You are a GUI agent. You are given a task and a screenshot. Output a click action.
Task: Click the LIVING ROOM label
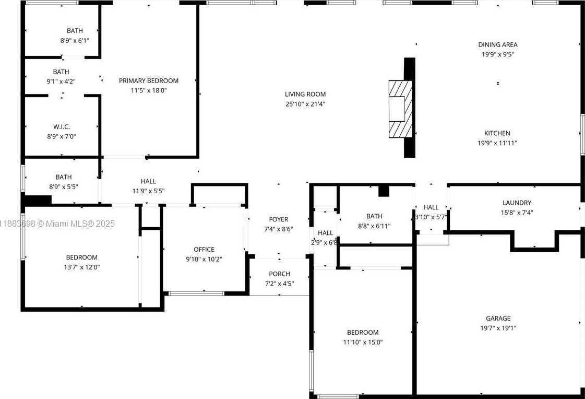pyautogui.click(x=305, y=95)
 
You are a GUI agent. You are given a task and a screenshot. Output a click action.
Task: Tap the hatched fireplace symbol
pyautogui.click(x=400, y=109)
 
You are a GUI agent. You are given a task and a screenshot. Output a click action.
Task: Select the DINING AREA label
pyautogui.click(x=498, y=45)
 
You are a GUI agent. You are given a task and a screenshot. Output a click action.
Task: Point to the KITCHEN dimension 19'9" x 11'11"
pyautogui.click(x=498, y=143)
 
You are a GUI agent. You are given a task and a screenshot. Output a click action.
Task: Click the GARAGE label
pyautogui.click(x=498, y=318)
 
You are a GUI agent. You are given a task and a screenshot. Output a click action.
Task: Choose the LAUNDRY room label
pyautogui.click(x=517, y=203)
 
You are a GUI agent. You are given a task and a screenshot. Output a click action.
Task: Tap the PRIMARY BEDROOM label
pyautogui.click(x=149, y=80)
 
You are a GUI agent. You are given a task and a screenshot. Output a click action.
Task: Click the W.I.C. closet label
pyautogui.click(x=62, y=127)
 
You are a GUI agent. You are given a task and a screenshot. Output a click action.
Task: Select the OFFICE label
pyautogui.click(x=204, y=249)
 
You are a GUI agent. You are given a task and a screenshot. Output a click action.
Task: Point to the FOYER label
pyautogui.click(x=279, y=219)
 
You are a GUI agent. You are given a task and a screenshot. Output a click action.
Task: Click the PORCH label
pyautogui.click(x=279, y=274)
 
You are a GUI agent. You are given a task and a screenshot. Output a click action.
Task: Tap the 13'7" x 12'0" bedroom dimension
pyautogui.click(x=81, y=267)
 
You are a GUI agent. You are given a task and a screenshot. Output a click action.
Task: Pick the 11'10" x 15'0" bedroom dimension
pyautogui.click(x=363, y=342)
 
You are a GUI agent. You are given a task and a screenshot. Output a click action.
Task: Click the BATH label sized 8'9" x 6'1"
pyautogui.click(x=75, y=31)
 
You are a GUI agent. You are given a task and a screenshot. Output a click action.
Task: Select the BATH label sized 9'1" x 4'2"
pyautogui.click(x=61, y=72)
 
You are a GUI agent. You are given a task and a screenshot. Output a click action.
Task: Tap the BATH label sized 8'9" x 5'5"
pyautogui.click(x=64, y=177)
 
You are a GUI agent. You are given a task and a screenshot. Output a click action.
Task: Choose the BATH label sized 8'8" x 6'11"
pyautogui.click(x=374, y=216)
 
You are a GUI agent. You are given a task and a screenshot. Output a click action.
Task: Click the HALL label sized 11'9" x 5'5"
pyautogui.click(x=148, y=181)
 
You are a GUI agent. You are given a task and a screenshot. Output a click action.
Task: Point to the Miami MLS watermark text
pyautogui.click(x=57, y=224)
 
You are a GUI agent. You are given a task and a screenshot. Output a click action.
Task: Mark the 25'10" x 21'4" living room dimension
pyautogui.click(x=305, y=104)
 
